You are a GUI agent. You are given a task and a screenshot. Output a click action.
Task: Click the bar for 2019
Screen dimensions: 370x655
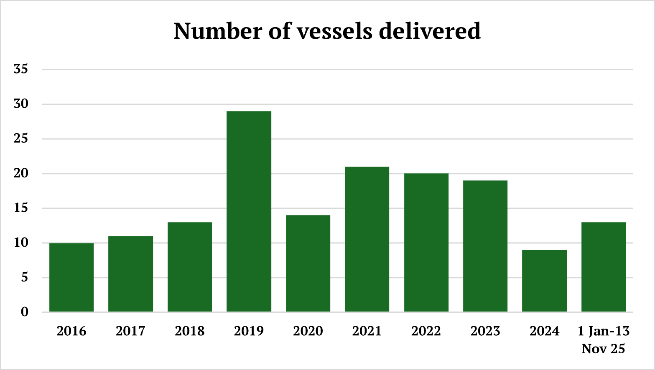pos(249,211)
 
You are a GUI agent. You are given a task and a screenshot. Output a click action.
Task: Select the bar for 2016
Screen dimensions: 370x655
pos(71,277)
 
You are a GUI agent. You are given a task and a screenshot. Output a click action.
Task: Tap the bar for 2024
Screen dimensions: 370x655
pos(544,281)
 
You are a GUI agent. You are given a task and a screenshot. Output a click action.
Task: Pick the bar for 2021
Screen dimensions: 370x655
pos(367,239)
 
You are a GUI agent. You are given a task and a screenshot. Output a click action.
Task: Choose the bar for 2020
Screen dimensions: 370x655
pos(308,264)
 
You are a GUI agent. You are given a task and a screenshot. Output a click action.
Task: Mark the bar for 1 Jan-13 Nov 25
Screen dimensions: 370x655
pos(604,267)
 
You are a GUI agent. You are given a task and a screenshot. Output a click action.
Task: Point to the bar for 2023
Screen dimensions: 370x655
pos(485,246)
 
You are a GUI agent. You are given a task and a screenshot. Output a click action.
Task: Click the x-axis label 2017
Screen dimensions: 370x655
pos(130,331)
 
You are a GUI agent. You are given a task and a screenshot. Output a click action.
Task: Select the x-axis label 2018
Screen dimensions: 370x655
pos(190,331)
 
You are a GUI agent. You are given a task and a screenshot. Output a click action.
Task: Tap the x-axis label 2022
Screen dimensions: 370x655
pos(426,331)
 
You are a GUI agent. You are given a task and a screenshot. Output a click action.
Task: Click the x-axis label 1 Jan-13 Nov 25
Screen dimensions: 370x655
pos(604,340)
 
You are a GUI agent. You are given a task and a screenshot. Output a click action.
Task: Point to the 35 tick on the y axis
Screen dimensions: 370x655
pos(21,69)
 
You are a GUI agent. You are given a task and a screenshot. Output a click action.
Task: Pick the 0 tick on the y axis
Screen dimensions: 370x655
pos(25,312)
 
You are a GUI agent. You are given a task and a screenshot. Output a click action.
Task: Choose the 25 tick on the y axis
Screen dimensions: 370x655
pos(21,138)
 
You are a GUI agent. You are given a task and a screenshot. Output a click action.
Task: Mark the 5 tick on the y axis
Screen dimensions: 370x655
pos(25,277)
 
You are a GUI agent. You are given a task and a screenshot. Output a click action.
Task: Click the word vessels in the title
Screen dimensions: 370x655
pos(334,31)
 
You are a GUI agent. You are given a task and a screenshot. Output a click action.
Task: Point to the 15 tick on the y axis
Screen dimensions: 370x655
pos(21,208)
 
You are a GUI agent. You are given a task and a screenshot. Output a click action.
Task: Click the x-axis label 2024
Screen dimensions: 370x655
pos(544,331)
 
